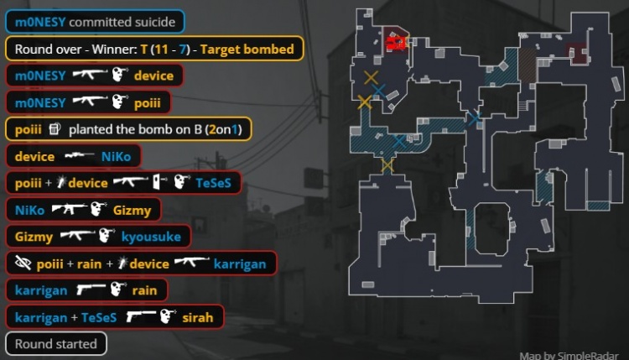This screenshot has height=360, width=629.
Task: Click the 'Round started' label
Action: pos(55,344)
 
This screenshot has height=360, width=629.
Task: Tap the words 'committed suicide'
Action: pos(122,22)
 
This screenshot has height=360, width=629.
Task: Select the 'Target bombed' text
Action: pos(247,49)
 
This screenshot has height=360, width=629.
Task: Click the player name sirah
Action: pos(197,317)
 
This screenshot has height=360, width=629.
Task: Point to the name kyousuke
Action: pos(151,237)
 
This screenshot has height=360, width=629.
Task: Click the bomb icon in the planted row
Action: pos(55,129)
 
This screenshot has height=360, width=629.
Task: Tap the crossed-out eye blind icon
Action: pos(23,263)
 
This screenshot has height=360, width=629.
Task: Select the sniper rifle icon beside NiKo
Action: pos(80,155)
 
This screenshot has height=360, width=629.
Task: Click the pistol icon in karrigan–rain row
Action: pos(91,289)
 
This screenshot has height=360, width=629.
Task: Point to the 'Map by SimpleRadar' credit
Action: pos(569,355)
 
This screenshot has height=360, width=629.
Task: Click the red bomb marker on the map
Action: pos(397,43)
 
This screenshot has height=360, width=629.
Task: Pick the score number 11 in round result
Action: pos(161,49)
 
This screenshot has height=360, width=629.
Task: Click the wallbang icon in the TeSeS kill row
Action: pos(159,183)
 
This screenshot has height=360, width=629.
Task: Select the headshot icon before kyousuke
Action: pos(107,236)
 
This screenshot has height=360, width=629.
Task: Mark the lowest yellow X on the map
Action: pos(387,165)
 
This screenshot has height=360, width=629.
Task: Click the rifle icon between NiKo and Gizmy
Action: pos(70,209)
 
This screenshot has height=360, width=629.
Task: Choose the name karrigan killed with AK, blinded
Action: pos(240,264)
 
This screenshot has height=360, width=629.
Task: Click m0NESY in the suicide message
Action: pos(40,22)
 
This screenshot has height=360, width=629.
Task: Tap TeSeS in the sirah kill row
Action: pos(99,317)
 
